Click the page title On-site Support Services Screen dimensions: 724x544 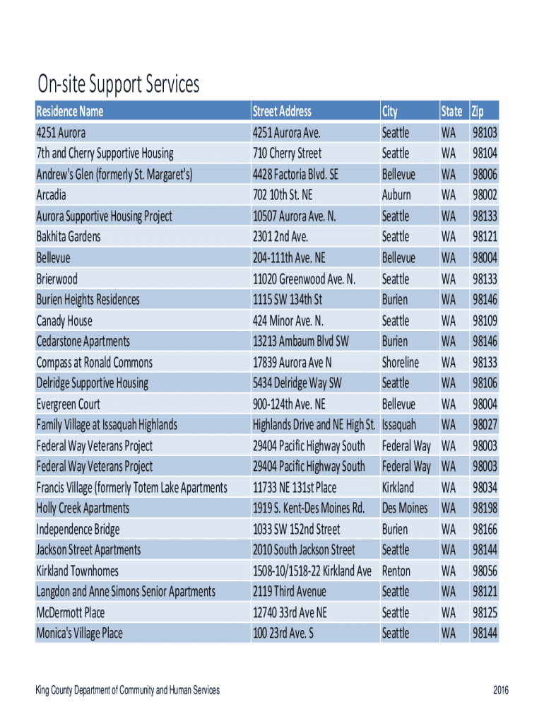click(119, 86)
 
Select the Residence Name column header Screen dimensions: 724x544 click(70, 111)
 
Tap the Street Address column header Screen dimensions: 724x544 click(282, 111)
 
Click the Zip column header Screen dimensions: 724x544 click(478, 111)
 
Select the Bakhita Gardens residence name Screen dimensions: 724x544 click(69, 236)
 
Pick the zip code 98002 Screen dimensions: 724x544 click(485, 194)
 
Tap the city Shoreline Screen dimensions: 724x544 click(401, 362)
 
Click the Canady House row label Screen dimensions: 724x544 click(64, 320)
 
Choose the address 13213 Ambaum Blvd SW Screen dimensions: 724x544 click(301, 341)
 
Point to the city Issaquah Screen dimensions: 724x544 click(399, 425)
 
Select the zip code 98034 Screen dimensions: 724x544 click(485, 487)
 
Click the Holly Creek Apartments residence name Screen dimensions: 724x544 click(83, 508)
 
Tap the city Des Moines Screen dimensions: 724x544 click(405, 508)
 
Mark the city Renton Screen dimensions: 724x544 click(396, 571)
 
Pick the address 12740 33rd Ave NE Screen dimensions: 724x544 click(290, 612)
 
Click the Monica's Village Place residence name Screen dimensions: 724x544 click(80, 633)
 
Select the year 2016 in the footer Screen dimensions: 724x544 click(500, 691)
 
